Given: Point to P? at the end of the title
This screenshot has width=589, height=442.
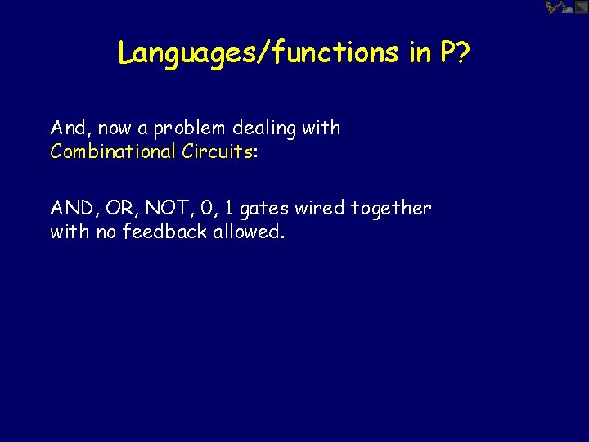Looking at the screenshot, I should pyautogui.click(x=453, y=52).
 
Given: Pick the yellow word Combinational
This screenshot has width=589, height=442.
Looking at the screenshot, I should pyautogui.click(x=108, y=151).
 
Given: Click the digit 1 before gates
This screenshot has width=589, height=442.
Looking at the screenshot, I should pyautogui.click(x=231, y=209).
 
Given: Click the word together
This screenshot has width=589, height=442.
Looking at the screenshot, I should pyautogui.click(x=390, y=209).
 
